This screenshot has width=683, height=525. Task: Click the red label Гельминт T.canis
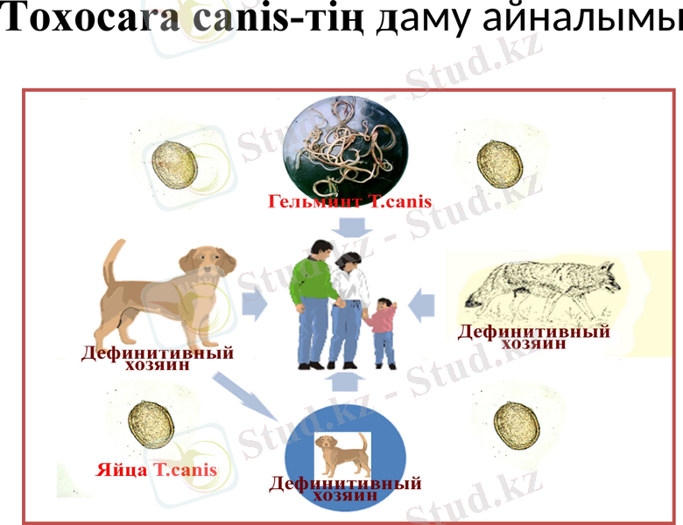click(x=349, y=202)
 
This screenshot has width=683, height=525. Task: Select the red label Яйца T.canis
click(x=156, y=470)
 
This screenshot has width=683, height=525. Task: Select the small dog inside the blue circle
click(x=342, y=454)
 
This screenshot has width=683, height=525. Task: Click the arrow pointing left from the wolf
click(x=422, y=303)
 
